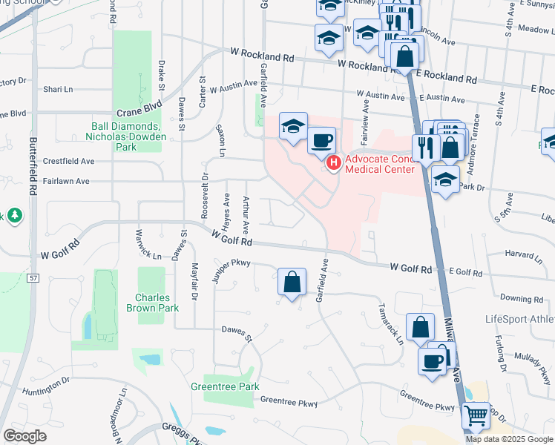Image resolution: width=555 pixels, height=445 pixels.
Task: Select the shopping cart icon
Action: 476,416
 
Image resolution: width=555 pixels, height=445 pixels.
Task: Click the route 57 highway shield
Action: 34,278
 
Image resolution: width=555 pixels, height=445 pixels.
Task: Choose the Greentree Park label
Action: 225,386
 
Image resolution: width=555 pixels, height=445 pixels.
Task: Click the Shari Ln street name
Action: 58,89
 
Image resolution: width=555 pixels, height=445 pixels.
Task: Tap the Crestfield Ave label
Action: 69,161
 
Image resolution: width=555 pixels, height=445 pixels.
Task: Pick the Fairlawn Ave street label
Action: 66,181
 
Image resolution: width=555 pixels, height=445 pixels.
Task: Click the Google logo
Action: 25,436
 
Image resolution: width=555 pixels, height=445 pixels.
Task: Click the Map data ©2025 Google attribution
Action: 510,439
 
